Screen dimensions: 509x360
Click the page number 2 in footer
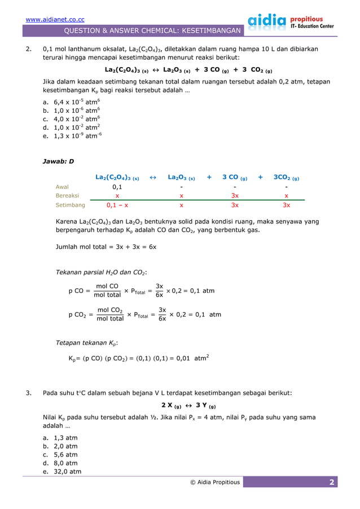[x=332, y=482]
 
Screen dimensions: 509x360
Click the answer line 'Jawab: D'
[x=58, y=161]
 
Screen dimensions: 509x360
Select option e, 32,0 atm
[x=62, y=472]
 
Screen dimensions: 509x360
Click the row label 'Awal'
[x=63, y=187]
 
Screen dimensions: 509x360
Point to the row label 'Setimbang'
[x=71, y=205]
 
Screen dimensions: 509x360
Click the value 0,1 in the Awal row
[x=117, y=187]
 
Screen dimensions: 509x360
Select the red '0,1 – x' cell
[x=117, y=205]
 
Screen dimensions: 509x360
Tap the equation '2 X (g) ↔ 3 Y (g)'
[x=188, y=406]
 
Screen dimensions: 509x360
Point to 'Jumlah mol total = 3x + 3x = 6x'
[x=106, y=247]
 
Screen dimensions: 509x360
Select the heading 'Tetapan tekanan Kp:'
[x=86, y=343]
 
